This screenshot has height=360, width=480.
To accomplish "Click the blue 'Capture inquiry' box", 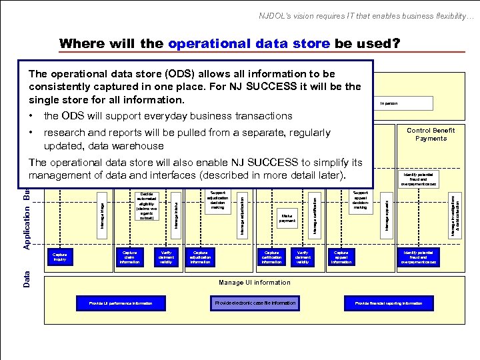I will pos(59,257).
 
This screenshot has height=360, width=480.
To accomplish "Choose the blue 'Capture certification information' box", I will pos(271,257).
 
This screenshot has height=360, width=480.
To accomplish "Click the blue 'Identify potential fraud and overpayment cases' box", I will pos(418,257).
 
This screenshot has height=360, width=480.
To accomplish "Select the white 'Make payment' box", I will pos(287,218).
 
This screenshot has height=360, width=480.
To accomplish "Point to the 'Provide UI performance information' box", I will pos(121,303).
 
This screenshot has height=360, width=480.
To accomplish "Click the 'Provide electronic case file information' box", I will pos(255,303).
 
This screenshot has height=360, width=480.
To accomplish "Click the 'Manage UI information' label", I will pos(254,283).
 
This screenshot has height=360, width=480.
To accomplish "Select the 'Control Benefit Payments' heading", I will pos(431,134).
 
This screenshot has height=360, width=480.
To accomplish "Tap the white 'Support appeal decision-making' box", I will pos(360,200).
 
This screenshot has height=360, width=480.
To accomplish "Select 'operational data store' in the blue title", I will pos(249,44).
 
